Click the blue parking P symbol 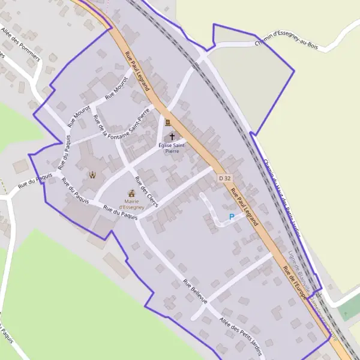pos(232,217)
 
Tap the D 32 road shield pos(224,178)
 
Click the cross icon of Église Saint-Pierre pos(172,136)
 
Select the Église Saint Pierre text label pos(172,148)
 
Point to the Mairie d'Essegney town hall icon pos(131,193)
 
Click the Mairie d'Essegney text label pos(131,204)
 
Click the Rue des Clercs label pos(146,192)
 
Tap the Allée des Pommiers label pos(20,44)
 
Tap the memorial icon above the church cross pos(168,122)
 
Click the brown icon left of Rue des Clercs pos(92,175)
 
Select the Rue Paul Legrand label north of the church pos(137,71)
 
